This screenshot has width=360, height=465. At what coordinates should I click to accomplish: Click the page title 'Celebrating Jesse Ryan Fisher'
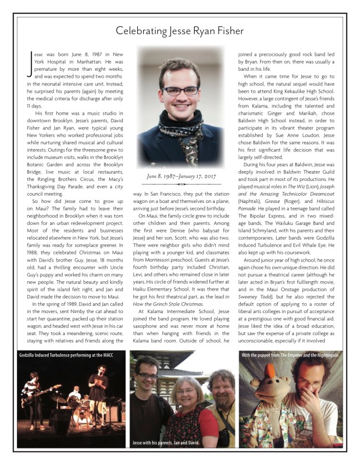tap(179, 31)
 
